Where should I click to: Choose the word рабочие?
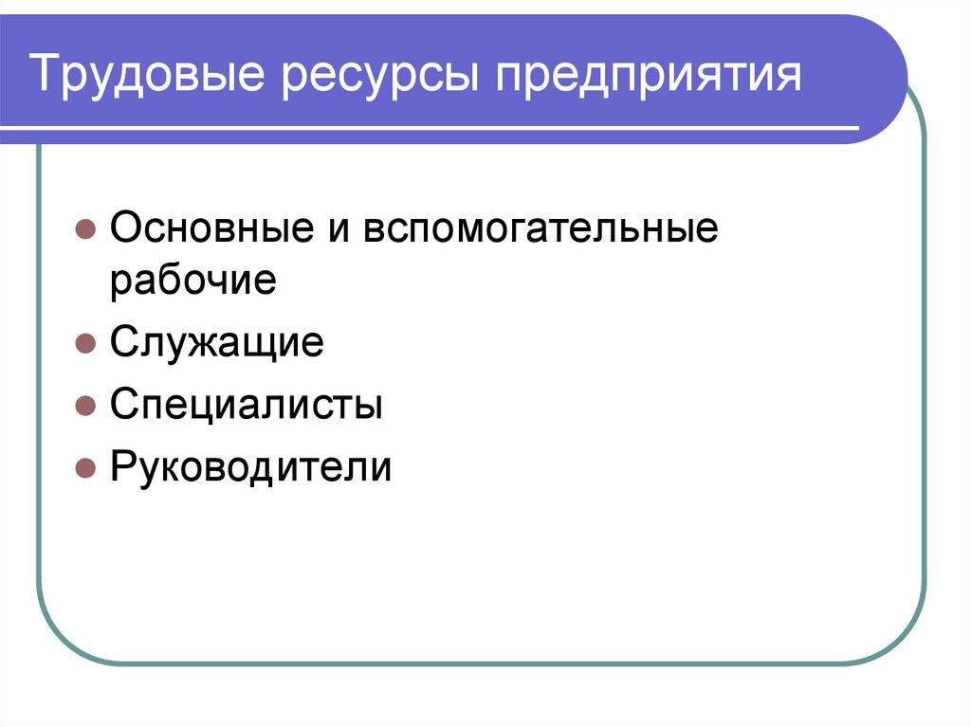pyautogui.click(x=192, y=282)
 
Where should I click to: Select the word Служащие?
pyautogui.click(x=217, y=343)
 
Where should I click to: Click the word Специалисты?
pyautogui.click(x=247, y=406)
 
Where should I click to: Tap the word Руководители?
pyautogui.click(x=250, y=467)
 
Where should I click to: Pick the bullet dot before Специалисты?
pyautogui.click(x=84, y=406)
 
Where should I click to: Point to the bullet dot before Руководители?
pyautogui.click(x=84, y=468)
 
